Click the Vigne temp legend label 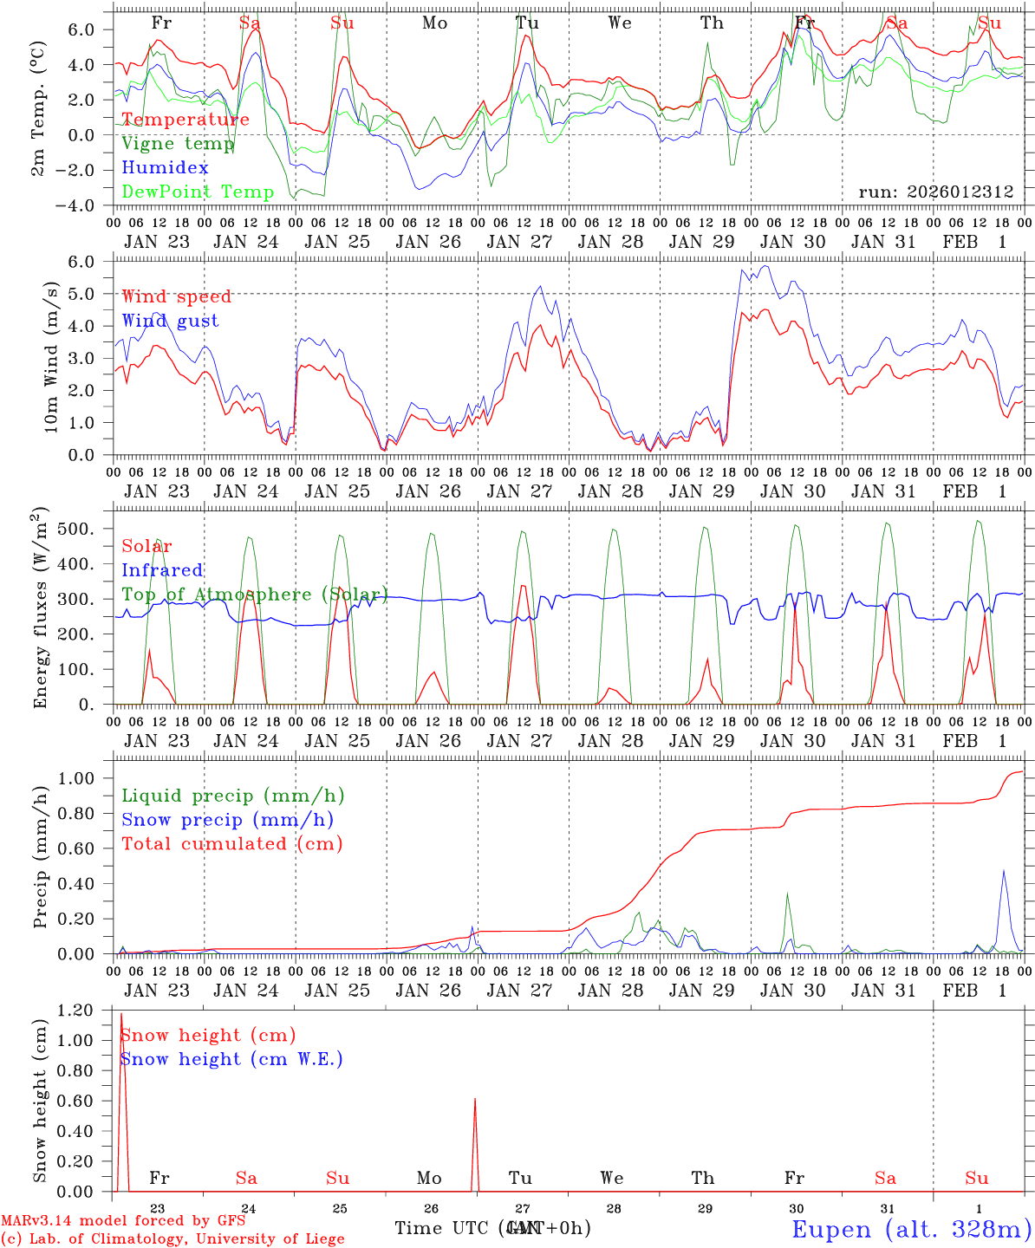point(178,144)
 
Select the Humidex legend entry point(165,168)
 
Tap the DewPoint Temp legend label point(198,192)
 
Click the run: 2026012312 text point(936,192)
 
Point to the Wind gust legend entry point(170,321)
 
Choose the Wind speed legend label point(177,296)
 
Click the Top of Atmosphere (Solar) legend point(255,595)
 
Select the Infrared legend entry point(162,570)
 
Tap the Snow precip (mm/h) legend point(228,820)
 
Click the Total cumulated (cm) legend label point(232,843)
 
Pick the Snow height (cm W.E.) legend point(231,1059)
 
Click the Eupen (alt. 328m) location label point(911,1229)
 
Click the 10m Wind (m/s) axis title point(51,357)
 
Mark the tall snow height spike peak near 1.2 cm point(121,1013)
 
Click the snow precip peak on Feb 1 point(1004,870)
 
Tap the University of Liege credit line point(172,1238)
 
